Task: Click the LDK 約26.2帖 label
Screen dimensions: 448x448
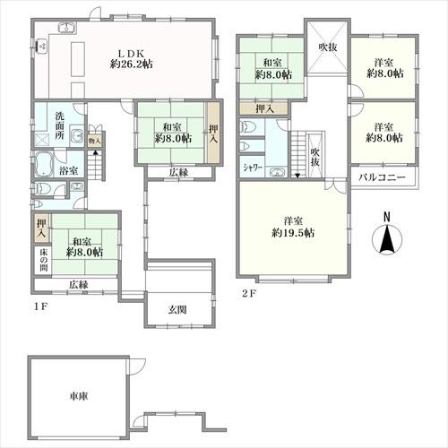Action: (132, 59)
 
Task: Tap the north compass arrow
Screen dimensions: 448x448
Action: (387, 238)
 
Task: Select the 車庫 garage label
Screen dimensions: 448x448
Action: (78, 397)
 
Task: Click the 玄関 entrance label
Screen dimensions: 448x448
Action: (177, 310)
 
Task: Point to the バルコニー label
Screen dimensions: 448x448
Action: (382, 177)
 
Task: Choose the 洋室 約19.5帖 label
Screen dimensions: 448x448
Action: (293, 227)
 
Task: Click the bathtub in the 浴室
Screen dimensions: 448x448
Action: (44, 165)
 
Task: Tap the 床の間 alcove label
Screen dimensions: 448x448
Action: (44, 260)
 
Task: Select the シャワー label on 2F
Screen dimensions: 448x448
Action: (253, 168)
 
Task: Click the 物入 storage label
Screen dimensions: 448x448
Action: (95, 141)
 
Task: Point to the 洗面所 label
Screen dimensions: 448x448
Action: (59, 125)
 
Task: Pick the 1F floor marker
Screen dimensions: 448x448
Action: (40, 307)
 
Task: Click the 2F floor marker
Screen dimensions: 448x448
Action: (248, 294)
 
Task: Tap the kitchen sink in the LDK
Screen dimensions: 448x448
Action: (66, 27)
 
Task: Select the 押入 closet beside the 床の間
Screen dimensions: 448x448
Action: (42, 228)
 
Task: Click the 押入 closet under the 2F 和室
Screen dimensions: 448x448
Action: (264, 108)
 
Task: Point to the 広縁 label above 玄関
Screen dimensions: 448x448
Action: (178, 172)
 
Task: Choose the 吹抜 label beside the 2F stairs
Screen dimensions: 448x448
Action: (314, 157)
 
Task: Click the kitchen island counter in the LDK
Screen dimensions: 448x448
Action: (78, 59)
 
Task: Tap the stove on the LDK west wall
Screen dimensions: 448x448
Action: (42, 47)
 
